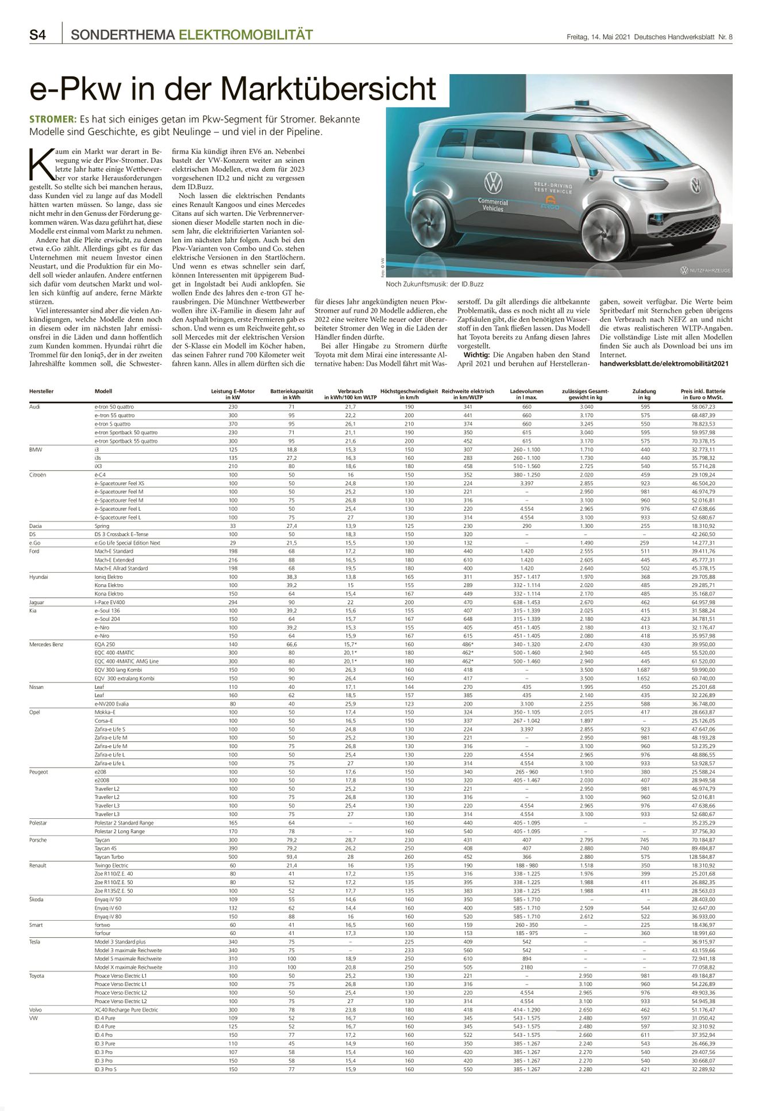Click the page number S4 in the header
[38, 35]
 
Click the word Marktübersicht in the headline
[328, 89]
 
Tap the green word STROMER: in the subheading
[52, 119]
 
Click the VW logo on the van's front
[696, 186]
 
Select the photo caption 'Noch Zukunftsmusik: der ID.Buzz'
[435, 284]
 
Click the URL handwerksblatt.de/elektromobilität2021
[664, 363]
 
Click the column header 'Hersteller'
[41, 392]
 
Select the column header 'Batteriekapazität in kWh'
[291, 394]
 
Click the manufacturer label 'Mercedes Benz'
[46, 645]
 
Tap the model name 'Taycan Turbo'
[109, 857]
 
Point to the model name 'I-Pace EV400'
[110, 602]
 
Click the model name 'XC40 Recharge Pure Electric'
[126, 1010]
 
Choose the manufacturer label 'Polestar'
[39, 823]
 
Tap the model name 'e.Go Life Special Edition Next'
[128, 543]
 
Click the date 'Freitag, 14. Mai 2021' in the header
[598, 37]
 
